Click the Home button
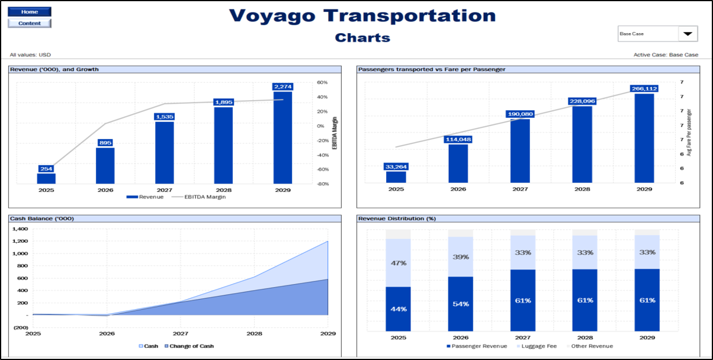pyautogui.click(x=30, y=12)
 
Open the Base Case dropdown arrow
pyautogui.click(x=687, y=34)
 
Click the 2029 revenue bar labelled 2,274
pyautogui.click(x=282, y=137)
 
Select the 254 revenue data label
pyautogui.click(x=46, y=169)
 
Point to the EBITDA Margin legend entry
pyautogui.click(x=204, y=197)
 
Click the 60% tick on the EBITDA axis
pyautogui.click(x=322, y=83)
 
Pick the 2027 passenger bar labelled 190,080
pyautogui.click(x=520, y=150)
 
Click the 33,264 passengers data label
pyautogui.click(x=396, y=166)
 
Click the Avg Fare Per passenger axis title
pyautogui.click(x=689, y=133)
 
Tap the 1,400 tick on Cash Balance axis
pyautogui.click(x=20, y=229)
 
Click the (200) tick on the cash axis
pyautogui.click(x=21, y=327)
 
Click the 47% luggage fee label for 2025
pyautogui.click(x=398, y=263)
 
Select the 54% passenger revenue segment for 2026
pyautogui.click(x=460, y=304)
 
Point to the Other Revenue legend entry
pyautogui.click(x=593, y=346)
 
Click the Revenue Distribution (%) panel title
pyautogui.click(x=397, y=218)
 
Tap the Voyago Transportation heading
pyautogui.click(x=362, y=15)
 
